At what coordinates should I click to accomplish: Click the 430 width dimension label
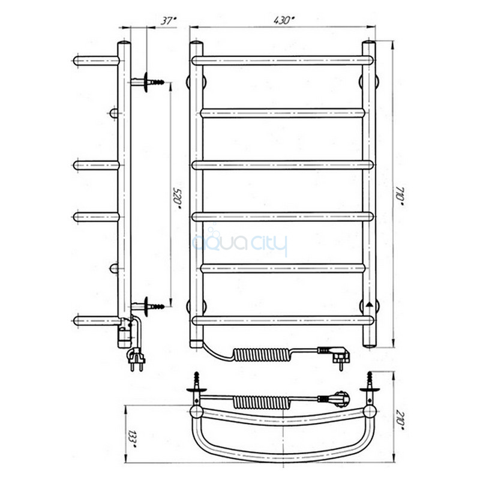coord(284,20)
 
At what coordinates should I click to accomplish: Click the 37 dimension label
coord(169,21)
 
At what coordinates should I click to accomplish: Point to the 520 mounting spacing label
coord(177,199)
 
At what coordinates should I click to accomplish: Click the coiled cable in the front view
coord(260,354)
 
